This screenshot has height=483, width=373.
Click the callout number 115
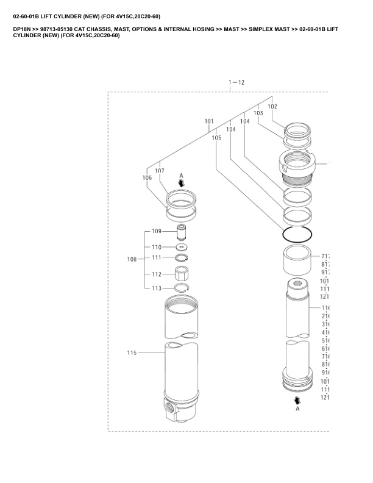pos(132,352)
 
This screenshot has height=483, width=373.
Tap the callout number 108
pos(132,260)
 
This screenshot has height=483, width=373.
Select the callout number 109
pos(157,231)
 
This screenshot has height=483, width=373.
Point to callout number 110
pos(157,247)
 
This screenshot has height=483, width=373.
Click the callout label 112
pos(157,274)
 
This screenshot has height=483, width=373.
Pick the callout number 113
pos(157,288)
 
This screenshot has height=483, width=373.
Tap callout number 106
pos(147,178)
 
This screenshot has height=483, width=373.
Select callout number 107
pos(160,171)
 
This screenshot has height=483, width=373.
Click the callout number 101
pos(209,121)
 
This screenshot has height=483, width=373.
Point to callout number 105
pos(216,138)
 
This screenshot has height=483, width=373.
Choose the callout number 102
pos(272,106)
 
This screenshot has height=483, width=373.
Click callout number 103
pos(258,113)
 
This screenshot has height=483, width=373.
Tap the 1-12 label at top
pos(236,82)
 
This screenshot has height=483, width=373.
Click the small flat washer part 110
pos(181,247)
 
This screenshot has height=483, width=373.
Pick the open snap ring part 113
pos(181,287)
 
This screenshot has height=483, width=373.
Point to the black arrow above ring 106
pos(181,182)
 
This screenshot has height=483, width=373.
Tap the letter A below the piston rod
pos(297,410)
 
